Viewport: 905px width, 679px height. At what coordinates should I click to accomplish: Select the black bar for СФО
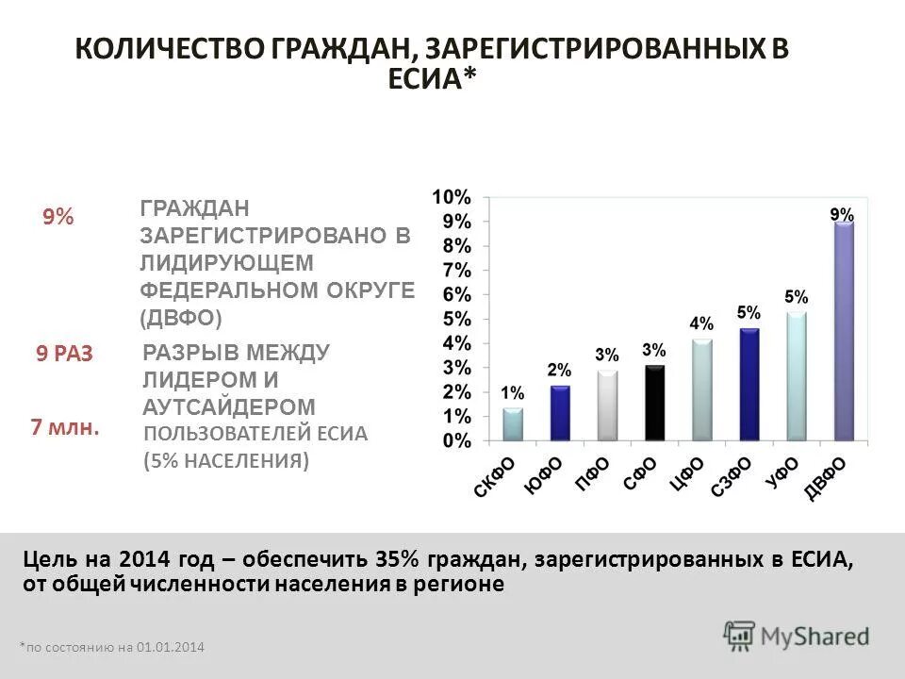pyautogui.click(x=654, y=403)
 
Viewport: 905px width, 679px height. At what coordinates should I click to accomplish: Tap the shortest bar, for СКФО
pyautogui.click(x=512, y=424)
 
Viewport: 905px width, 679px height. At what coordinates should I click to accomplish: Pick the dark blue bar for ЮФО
pyautogui.click(x=560, y=413)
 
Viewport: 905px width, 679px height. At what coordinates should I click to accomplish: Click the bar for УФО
pyautogui.click(x=797, y=376)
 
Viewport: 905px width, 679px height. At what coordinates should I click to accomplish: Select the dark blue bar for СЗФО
pyautogui.click(x=749, y=384)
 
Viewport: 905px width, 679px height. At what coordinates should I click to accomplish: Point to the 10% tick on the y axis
pyautogui.click(x=452, y=197)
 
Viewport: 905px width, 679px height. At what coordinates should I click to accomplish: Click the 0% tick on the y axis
pyautogui.click(x=456, y=440)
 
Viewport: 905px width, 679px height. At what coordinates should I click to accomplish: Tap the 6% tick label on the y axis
pyautogui.click(x=456, y=294)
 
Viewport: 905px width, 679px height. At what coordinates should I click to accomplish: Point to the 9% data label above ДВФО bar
pyautogui.click(x=842, y=214)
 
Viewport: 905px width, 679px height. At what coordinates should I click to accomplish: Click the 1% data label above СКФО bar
pyautogui.click(x=512, y=393)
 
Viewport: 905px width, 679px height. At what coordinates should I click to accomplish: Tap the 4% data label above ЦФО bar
pyautogui.click(x=701, y=323)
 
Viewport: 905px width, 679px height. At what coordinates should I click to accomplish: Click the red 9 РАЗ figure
pyautogui.click(x=65, y=355)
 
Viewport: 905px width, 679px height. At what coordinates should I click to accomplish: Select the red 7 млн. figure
pyautogui.click(x=65, y=427)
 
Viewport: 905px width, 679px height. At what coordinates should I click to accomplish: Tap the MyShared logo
pyautogui.click(x=797, y=634)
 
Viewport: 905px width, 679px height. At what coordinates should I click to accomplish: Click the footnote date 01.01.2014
pyautogui.click(x=170, y=647)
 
